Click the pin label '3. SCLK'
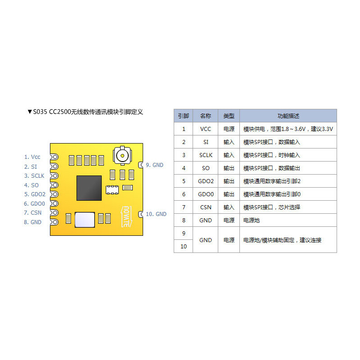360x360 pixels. [34, 175]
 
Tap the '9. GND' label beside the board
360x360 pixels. [154, 165]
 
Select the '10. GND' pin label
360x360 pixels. [156, 214]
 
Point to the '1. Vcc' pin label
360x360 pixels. [32, 157]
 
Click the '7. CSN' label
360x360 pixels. [32, 213]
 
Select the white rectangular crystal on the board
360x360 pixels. [85, 219]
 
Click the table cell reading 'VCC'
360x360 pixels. [205, 129]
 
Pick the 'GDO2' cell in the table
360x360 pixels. [205, 181]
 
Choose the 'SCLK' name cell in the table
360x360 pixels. [205, 155]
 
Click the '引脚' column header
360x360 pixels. [183, 116]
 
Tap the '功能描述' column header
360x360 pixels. [288, 116]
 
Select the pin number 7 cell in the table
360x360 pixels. [183, 207]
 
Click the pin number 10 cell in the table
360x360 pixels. [183, 246]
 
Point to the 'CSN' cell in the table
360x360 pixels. [205, 207]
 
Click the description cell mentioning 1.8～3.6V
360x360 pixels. [288, 129]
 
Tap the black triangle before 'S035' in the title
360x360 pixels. [30, 112]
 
